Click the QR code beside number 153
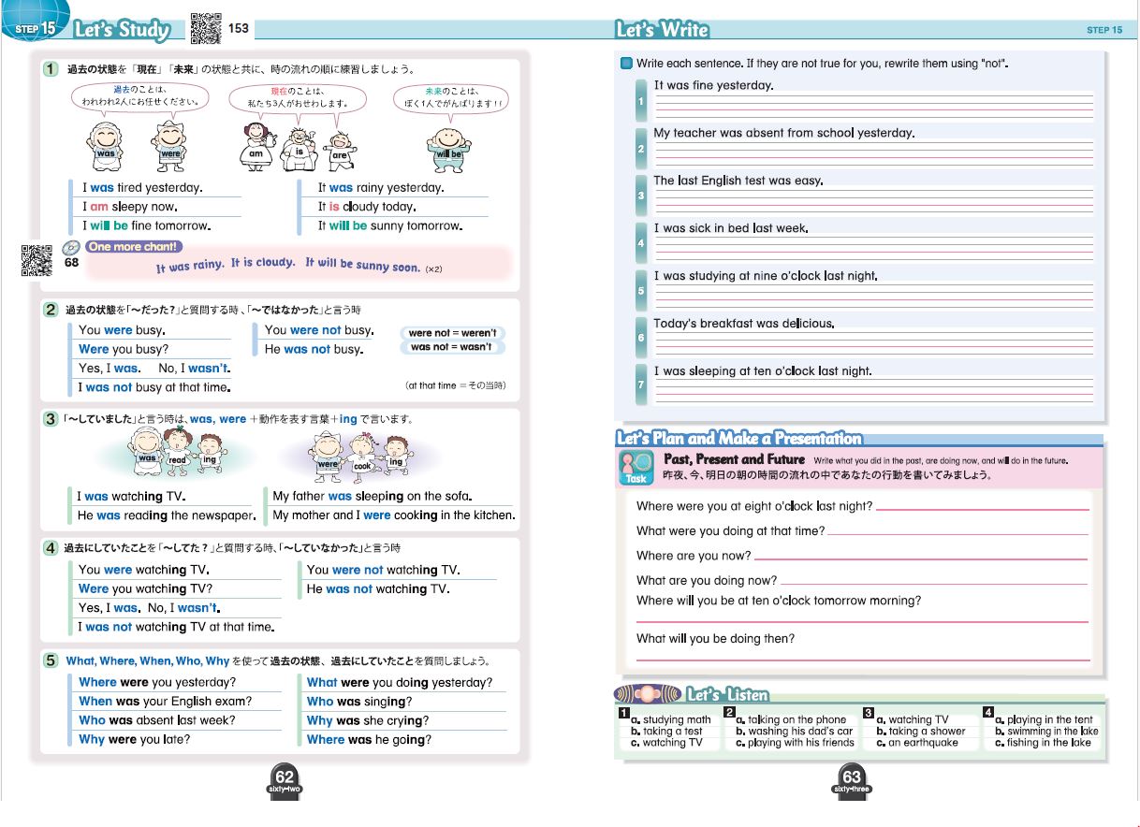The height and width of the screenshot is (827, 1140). click(x=206, y=29)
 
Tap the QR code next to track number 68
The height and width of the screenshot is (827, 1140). click(x=36, y=261)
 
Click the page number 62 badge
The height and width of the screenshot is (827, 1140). click(x=285, y=778)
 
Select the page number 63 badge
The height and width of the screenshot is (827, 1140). click(x=851, y=778)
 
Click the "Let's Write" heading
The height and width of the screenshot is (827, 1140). click(x=662, y=30)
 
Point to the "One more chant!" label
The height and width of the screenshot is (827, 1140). click(x=133, y=247)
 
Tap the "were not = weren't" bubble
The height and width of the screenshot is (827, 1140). click(x=453, y=332)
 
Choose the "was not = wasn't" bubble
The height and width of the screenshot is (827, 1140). click(x=453, y=347)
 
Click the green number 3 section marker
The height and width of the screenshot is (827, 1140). click(x=51, y=419)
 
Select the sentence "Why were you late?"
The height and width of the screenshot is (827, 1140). click(x=134, y=739)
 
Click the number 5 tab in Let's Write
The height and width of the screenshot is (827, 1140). click(x=641, y=291)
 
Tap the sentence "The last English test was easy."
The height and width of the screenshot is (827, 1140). click(x=738, y=181)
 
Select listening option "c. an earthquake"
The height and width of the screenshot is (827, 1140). click(x=917, y=743)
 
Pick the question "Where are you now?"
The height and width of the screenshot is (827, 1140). click(x=694, y=556)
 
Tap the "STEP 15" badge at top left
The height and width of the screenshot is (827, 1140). click(x=36, y=29)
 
